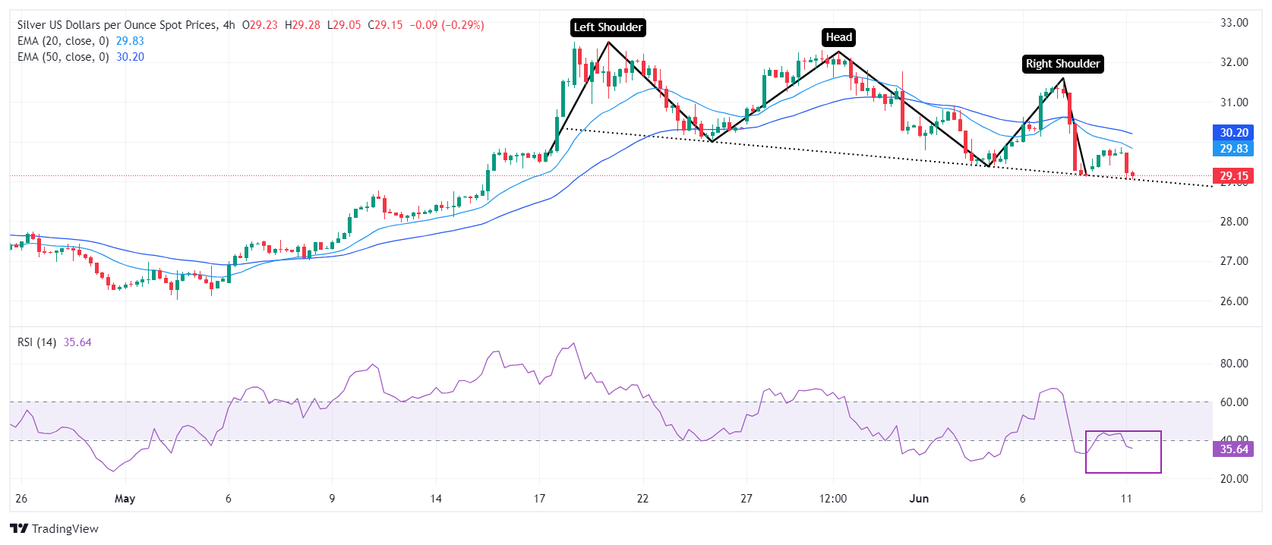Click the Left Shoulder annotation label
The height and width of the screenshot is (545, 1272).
(608, 27)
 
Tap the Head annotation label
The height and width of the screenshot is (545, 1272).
(838, 37)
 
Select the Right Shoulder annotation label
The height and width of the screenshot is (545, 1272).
(1062, 64)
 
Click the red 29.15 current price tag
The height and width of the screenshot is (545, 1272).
(1233, 175)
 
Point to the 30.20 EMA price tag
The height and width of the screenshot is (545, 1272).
(1233, 133)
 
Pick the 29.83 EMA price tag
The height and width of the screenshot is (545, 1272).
(1233, 149)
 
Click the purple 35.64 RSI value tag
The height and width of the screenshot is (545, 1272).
(1233, 449)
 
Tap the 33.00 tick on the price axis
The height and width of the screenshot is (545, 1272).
(1235, 23)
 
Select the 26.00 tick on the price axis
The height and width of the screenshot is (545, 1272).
(1235, 301)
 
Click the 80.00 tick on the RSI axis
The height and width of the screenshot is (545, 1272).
(1235, 364)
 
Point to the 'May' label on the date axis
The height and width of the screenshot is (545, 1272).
(125, 499)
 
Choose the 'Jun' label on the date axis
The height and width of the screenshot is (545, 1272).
(919, 499)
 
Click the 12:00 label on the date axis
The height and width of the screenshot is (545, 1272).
(833, 499)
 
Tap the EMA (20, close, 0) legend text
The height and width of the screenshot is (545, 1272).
(63, 41)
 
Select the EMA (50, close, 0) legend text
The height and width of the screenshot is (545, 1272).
(63, 57)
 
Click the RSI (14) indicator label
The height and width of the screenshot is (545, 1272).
(37, 342)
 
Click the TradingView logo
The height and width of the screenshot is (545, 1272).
(55, 528)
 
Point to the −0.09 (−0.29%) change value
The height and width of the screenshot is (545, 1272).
(447, 25)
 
